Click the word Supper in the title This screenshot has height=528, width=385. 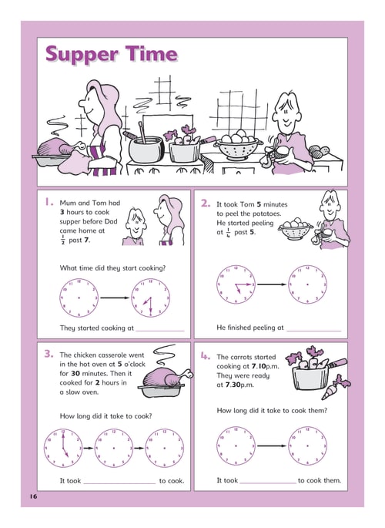click(x=82, y=55)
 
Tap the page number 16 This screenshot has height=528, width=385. click(x=33, y=496)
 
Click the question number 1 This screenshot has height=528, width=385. click(x=49, y=202)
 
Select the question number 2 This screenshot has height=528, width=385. click(x=206, y=203)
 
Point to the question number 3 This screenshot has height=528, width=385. click(x=49, y=354)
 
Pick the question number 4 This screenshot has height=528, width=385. click(x=206, y=356)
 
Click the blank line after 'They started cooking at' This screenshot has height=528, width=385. click(x=160, y=331)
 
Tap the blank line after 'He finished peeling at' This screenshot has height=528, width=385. click(x=313, y=331)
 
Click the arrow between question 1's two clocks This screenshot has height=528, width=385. click(x=115, y=298)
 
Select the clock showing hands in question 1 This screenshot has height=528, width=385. click(x=150, y=298)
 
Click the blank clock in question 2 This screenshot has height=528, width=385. click(x=307, y=284)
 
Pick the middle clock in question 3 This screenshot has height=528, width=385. click(x=114, y=448)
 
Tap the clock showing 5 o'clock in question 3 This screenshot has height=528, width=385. click(x=63, y=448)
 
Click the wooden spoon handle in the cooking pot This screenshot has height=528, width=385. click(x=142, y=133)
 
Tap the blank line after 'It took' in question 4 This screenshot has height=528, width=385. click(x=268, y=483)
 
